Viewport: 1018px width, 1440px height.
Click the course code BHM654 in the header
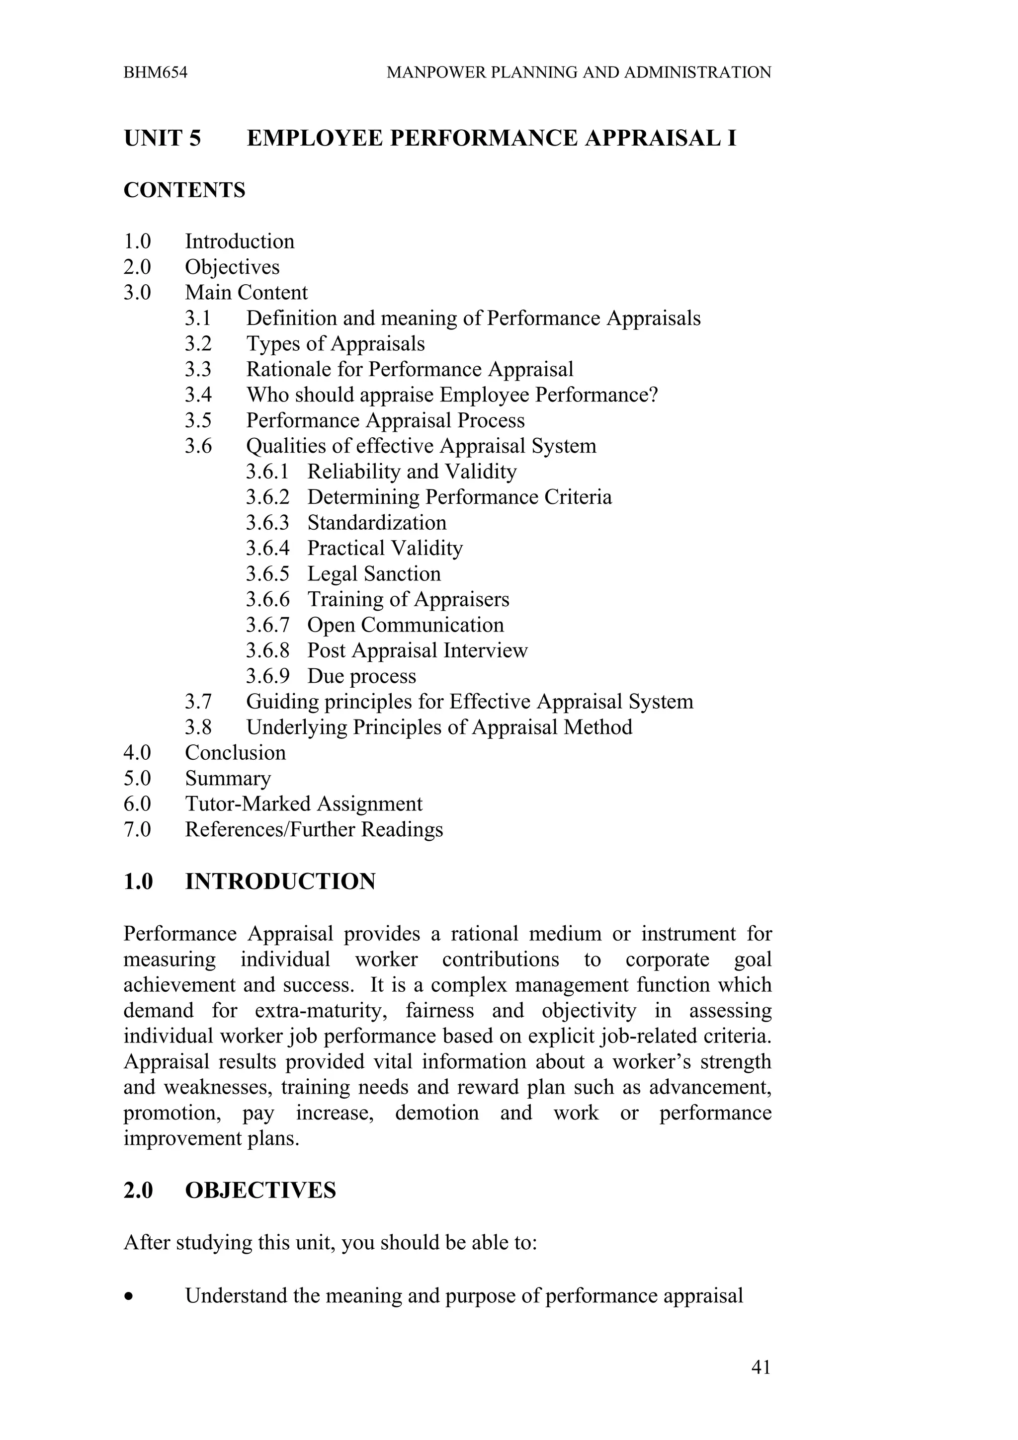(x=155, y=73)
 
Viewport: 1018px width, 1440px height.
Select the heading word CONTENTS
(x=184, y=190)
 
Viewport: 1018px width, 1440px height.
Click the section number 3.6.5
(x=267, y=574)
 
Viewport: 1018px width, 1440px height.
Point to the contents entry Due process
(x=361, y=676)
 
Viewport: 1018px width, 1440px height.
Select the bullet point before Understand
(x=129, y=1296)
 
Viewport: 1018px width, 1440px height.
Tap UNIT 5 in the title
(x=163, y=138)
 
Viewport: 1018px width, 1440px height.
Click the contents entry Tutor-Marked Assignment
(x=304, y=804)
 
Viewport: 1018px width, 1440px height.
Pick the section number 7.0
(x=137, y=830)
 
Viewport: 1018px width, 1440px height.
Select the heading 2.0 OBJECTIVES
(x=230, y=1191)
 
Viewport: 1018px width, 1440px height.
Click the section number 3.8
(x=198, y=727)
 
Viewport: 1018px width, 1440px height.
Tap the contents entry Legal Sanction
(x=374, y=574)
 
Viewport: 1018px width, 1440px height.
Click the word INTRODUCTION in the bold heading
(x=280, y=882)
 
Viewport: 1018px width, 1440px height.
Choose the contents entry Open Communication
(x=405, y=625)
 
